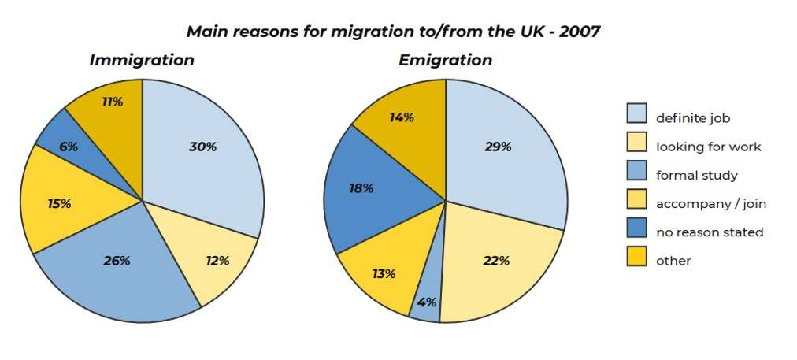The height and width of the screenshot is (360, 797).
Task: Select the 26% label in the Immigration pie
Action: click(117, 260)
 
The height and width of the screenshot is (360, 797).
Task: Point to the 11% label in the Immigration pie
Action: click(113, 102)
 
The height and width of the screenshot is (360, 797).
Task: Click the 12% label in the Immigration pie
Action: click(217, 261)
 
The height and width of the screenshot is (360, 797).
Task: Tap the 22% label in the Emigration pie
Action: click(497, 261)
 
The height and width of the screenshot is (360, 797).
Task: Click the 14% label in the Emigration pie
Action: click(402, 117)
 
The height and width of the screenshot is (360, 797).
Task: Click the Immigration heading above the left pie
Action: click(142, 60)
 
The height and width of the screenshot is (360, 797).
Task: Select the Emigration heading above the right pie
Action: click(446, 60)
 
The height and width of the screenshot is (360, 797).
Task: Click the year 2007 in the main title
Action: click(578, 32)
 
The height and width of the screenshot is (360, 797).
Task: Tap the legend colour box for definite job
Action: click(636, 114)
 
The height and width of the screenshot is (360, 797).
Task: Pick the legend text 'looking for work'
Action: click(709, 147)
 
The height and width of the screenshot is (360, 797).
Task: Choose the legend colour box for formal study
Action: click(636, 172)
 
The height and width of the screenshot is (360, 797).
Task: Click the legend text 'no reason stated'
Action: click(710, 232)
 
